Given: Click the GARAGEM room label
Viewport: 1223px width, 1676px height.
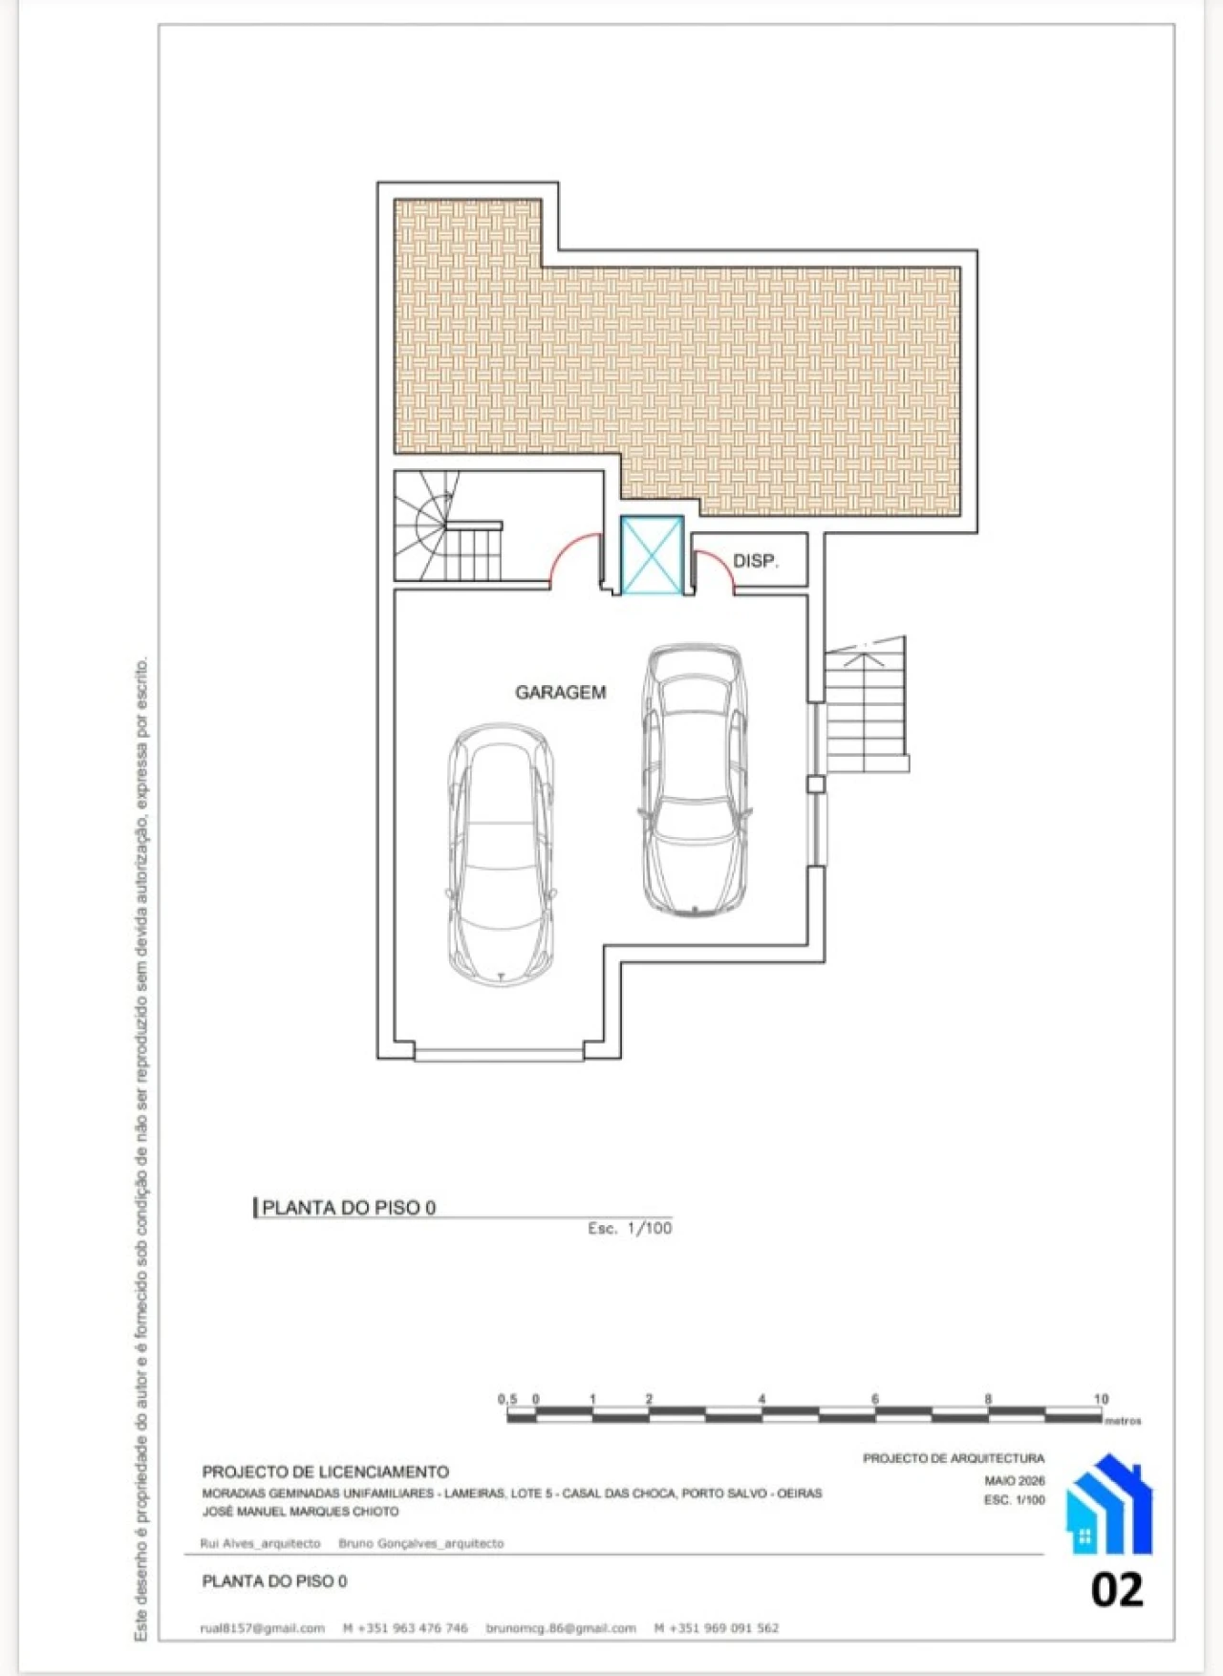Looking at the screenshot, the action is click(560, 692).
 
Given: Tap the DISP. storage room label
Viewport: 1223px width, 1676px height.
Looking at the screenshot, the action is click(755, 561).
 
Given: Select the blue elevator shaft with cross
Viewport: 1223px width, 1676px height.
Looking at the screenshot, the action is click(653, 555).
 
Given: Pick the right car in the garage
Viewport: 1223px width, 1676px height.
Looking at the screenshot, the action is click(694, 780).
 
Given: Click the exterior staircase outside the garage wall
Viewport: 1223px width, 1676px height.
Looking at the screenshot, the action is click(866, 705).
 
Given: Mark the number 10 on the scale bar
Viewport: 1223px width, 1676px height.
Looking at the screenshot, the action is click(1102, 1399).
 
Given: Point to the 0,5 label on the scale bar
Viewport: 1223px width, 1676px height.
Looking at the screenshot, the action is click(507, 1399).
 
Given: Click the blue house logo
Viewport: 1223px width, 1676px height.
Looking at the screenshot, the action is click(1108, 1504).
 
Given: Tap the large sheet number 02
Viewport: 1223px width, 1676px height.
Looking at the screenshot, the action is click(1117, 1590).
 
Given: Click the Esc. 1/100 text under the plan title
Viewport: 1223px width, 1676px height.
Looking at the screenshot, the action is click(630, 1229).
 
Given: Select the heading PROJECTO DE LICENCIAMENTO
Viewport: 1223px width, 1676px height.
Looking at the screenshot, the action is click(326, 1472).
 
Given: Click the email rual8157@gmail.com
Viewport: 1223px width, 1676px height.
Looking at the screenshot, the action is click(263, 1628).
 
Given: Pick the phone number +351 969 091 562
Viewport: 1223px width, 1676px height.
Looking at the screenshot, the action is click(717, 1628).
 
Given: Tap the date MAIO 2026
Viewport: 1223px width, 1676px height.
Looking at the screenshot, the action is click(1015, 1480).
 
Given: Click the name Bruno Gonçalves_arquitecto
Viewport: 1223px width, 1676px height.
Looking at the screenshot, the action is click(421, 1543).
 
